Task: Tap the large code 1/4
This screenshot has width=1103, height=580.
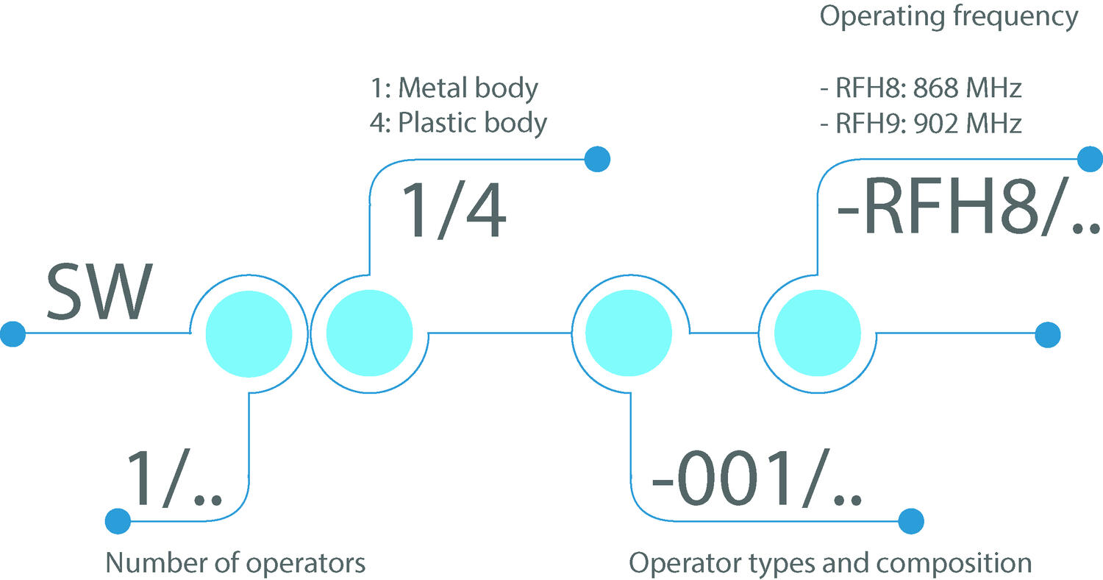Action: point(451,211)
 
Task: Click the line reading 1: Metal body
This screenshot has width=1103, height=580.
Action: point(454,88)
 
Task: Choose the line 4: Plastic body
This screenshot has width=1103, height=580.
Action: point(458,122)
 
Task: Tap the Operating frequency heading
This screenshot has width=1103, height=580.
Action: point(949,16)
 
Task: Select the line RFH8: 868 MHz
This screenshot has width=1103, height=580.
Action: point(921,89)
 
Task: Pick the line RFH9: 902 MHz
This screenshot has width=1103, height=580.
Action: point(921,123)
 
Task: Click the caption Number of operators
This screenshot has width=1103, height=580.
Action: point(235,564)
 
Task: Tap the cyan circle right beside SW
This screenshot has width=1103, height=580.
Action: point(249,333)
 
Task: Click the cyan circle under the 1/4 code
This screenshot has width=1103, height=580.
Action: point(370,333)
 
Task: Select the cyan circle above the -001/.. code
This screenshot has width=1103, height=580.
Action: point(629,333)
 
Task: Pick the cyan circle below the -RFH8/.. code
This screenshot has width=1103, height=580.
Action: point(817,333)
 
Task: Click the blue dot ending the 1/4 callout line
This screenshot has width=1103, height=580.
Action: point(597,158)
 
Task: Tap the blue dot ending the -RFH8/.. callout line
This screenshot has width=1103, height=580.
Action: point(1089,158)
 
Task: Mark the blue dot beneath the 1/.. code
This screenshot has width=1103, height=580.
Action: point(118,521)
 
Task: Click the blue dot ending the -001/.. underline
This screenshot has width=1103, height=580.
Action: point(910,521)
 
